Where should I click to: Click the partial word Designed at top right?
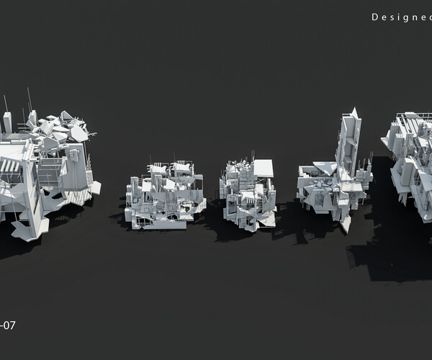400,17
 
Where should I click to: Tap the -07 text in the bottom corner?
8,325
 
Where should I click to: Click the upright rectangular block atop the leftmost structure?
7,123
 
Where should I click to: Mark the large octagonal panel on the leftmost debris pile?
78,133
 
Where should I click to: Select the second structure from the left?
163,194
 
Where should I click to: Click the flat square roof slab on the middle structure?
264,168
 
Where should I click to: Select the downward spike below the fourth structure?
346,225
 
